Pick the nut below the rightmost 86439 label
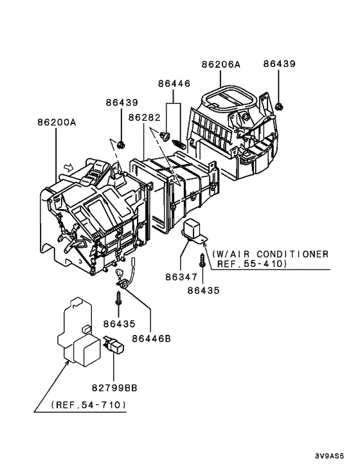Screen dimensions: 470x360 [279, 105]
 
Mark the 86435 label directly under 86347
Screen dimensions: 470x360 [204, 290]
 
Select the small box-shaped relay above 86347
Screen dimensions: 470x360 [194, 230]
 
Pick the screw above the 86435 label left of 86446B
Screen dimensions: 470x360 [120, 300]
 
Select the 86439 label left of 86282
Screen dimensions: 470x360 [122, 102]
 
